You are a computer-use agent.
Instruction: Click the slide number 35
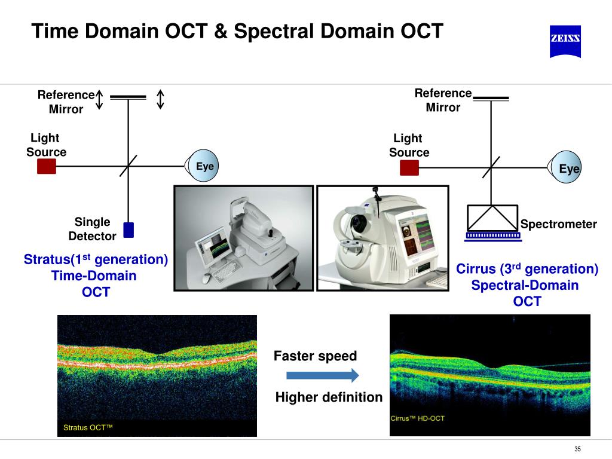click(x=577, y=449)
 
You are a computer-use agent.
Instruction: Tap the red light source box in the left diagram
click(x=47, y=166)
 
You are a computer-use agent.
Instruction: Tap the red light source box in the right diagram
click(x=409, y=168)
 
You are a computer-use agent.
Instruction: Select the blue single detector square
click(x=128, y=230)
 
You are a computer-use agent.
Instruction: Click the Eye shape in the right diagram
click(x=565, y=169)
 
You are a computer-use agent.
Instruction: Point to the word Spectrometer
click(x=558, y=224)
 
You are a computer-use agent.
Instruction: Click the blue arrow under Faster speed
click(x=322, y=375)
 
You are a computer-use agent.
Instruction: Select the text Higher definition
click(x=329, y=397)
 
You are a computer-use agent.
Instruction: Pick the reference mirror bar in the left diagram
click(x=128, y=97)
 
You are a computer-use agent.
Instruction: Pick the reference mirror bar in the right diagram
click(x=491, y=97)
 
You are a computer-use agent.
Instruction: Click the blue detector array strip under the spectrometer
click(x=493, y=236)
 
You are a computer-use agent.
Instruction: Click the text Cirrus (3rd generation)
click(x=527, y=269)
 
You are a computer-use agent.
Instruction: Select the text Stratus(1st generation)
click(x=96, y=260)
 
